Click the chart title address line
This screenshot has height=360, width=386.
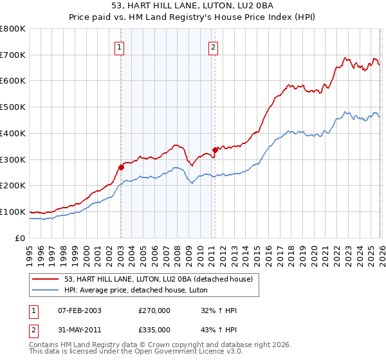coord(193,6)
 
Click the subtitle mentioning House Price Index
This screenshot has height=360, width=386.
coord(193,17)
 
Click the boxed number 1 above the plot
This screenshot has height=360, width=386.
coord(120,46)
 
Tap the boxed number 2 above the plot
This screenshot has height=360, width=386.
coord(213,46)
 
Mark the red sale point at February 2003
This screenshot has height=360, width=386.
coord(121,167)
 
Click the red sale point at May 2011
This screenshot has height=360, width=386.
coord(215,150)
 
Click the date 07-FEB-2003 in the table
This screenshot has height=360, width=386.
coord(79,310)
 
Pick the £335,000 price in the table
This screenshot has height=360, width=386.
coord(154,329)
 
